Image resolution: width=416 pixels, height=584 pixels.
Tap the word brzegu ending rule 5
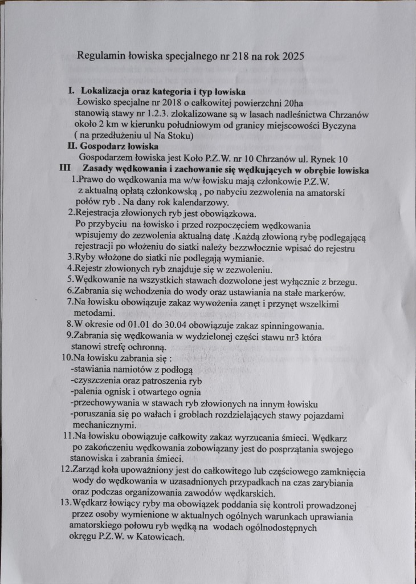(341, 281)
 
